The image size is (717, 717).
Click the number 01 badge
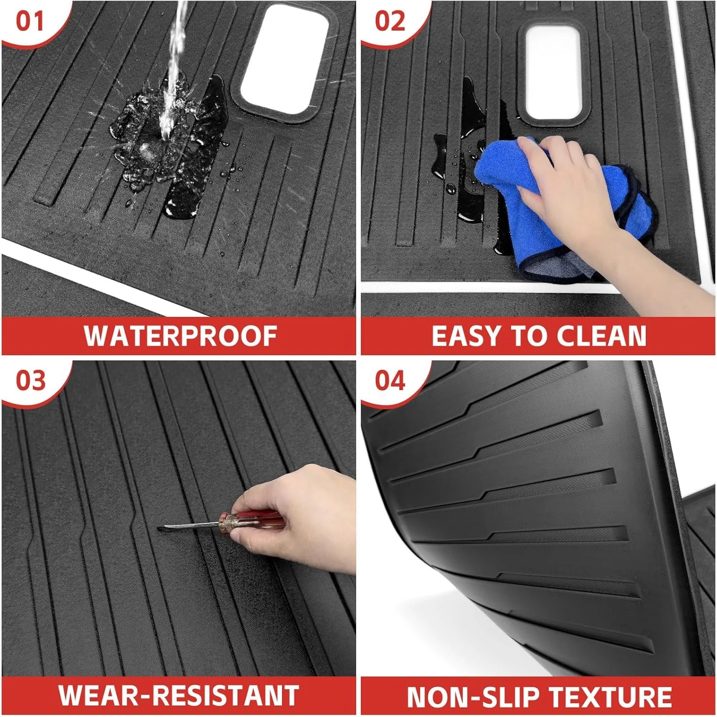30,22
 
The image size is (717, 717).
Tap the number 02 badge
390,22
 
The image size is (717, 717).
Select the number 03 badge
31,381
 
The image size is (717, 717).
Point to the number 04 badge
390,381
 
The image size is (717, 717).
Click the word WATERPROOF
181,336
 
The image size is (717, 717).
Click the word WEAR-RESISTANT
179,695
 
